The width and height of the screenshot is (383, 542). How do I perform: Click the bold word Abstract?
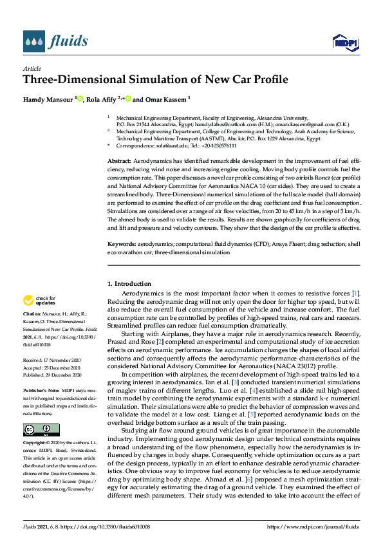point(120,159)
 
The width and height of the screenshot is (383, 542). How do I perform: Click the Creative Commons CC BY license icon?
point(41,429)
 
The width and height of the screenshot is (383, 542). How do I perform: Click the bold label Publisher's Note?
point(41,389)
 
